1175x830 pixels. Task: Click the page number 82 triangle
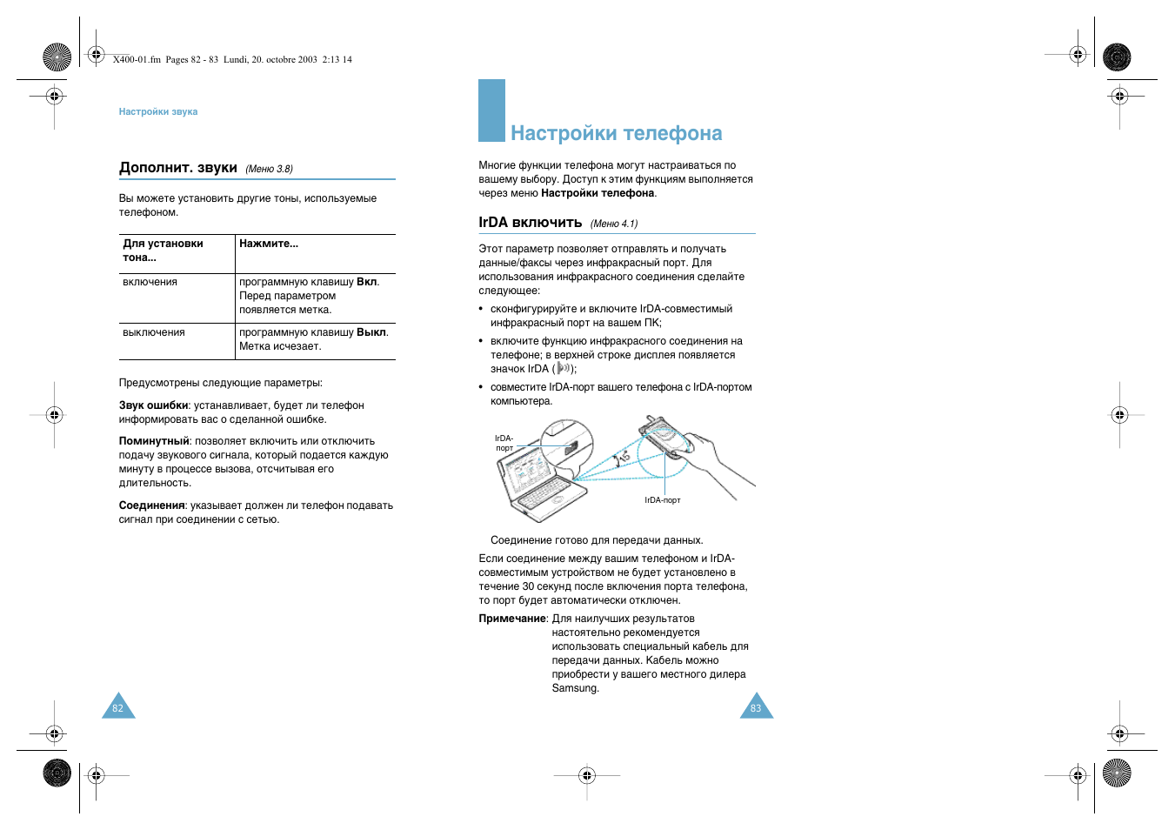(x=118, y=707)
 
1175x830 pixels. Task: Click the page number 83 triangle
(x=756, y=707)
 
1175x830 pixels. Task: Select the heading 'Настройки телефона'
(x=616, y=133)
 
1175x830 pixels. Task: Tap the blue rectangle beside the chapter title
(x=491, y=110)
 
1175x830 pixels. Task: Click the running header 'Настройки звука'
(x=158, y=111)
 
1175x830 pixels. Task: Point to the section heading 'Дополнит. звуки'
(x=178, y=168)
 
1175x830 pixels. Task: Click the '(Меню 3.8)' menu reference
(x=269, y=169)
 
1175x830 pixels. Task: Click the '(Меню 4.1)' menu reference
(x=614, y=224)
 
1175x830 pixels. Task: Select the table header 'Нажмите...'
(x=269, y=244)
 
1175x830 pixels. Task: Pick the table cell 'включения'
(x=150, y=282)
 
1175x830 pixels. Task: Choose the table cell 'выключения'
(x=154, y=332)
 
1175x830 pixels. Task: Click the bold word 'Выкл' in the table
(x=371, y=332)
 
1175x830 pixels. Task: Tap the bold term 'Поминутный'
(x=154, y=441)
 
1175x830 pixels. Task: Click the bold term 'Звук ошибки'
(x=154, y=405)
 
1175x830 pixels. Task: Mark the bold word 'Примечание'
(x=512, y=619)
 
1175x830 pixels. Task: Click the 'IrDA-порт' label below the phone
(x=663, y=500)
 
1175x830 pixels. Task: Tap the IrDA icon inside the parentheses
(x=563, y=369)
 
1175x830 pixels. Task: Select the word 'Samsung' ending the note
(x=574, y=688)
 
